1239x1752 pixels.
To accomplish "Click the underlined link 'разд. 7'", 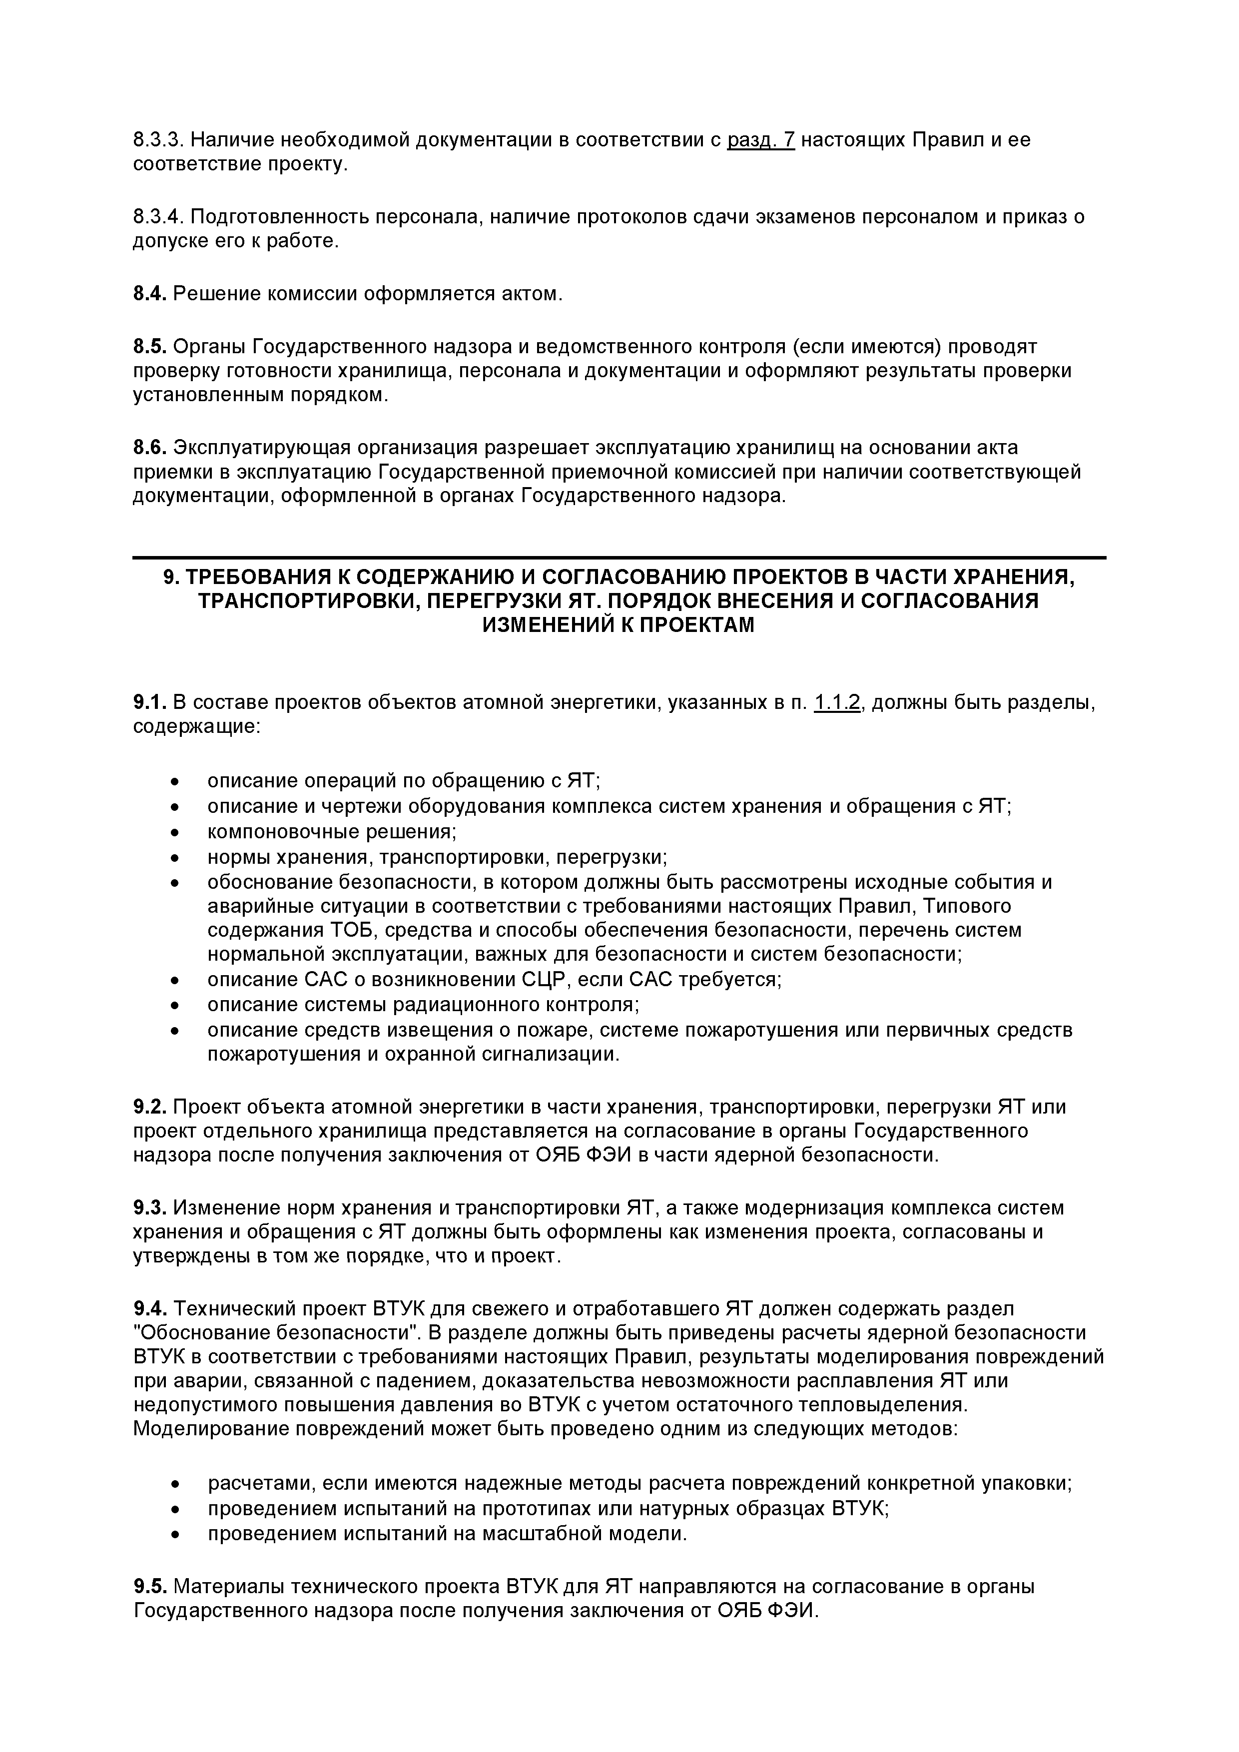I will pyautogui.click(x=761, y=140).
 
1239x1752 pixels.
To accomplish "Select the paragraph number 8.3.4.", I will pyautogui.click(x=158, y=217).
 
